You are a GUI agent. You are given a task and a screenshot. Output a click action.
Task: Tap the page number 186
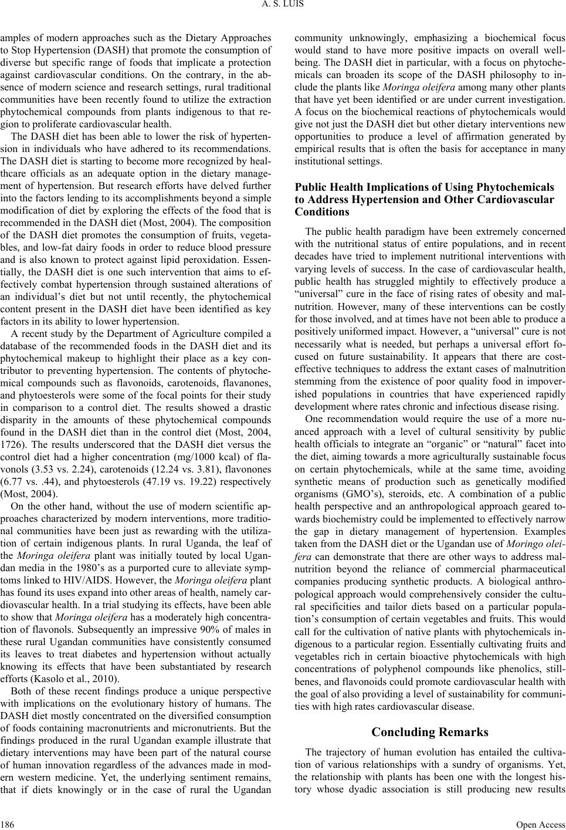(x=8, y=824)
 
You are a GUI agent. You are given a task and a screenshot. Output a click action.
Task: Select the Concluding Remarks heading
(x=430, y=732)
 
